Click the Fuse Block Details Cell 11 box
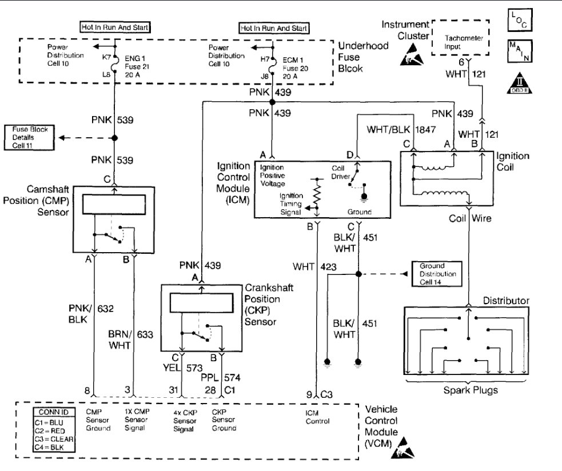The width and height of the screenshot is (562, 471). tap(28, 138)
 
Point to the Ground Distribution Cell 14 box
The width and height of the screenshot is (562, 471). tap(436, 274)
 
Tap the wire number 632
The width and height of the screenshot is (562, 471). tap(106, 309)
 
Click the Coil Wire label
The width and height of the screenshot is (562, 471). tap(469, 217)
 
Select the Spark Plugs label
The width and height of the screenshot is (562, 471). tap(468, 390)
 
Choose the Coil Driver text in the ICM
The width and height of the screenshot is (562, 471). tap(342, 172)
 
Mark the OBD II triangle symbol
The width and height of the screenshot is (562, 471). tap(515, 83)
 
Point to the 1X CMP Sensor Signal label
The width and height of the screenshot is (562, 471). tap(137, 420)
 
